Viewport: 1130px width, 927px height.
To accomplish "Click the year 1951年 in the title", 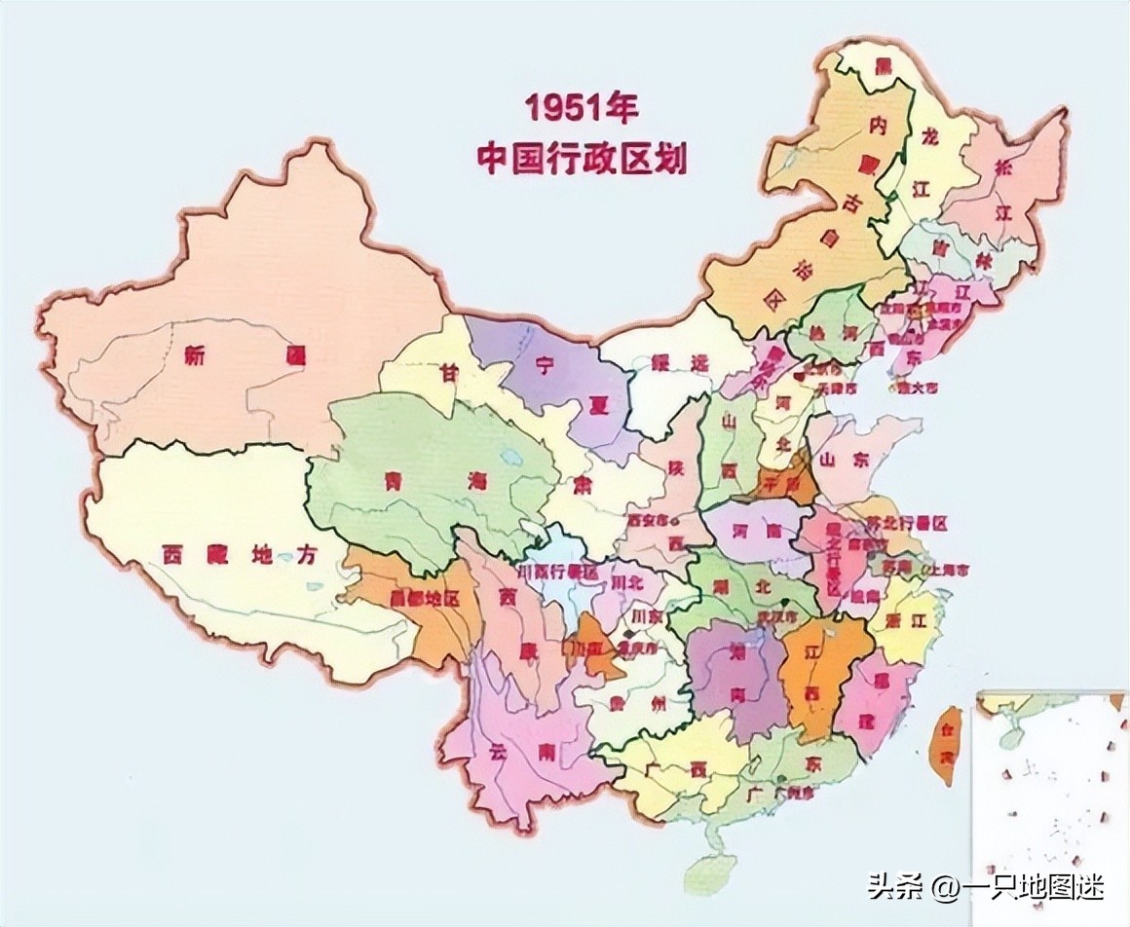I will [582, 108].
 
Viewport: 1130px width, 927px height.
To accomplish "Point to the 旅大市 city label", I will [918, 387].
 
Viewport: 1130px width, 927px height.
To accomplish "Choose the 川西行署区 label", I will [559, 572].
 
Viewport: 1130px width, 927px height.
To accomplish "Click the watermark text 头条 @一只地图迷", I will [986, 887].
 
